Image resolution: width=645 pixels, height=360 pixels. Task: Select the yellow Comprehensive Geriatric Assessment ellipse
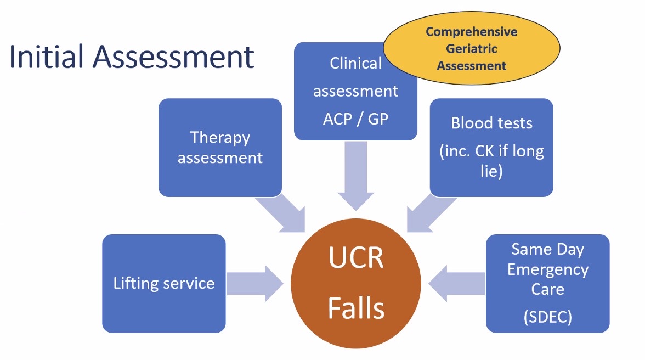(471, 49)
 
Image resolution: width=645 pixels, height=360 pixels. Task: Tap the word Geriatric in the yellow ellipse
(471, 49)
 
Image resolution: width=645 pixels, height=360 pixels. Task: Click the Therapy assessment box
(220, 147)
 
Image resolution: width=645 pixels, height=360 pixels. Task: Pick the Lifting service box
(163, 283)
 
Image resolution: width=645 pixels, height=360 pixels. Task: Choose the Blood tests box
(491, 147)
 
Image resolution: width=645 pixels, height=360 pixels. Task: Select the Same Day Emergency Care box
(547, 283)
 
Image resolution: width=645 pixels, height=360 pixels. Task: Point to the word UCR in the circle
(355, 258)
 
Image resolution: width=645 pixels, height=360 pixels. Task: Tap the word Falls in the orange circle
(355, 308)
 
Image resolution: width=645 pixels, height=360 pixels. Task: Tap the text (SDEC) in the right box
(547, 317)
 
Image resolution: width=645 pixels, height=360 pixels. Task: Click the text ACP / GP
(355, 119)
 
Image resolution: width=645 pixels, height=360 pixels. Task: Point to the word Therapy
(220, 137)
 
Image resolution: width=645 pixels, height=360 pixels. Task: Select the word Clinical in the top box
(355, 64)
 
